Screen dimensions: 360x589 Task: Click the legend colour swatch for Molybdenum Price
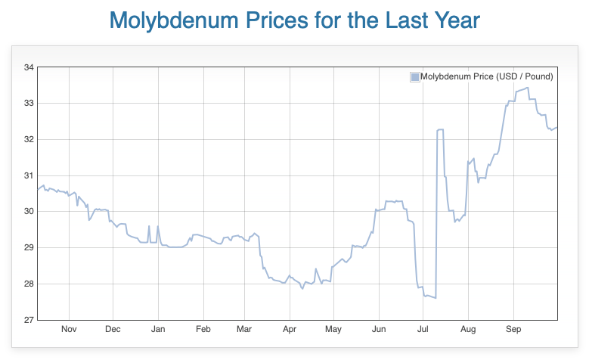point(414,77)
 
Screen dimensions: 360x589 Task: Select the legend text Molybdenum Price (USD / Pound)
point(486,77)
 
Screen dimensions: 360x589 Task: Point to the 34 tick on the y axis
point(29,67)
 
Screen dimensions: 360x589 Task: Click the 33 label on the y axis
point(29,104)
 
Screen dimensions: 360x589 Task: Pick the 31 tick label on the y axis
point(29,175)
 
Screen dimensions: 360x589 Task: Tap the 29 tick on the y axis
point(29,248)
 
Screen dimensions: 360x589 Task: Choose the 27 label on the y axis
point(29,320)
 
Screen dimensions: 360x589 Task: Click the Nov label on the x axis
point(69,330)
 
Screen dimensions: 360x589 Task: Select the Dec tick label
point(113,330)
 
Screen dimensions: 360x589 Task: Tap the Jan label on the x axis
point(159,330)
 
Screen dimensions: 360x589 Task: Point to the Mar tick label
point(244,330)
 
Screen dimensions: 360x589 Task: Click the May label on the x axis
point(333,330)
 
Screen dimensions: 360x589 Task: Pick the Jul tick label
point(423,330)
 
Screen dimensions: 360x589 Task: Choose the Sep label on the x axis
point(513,330)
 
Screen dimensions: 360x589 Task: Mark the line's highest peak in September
point(527,88)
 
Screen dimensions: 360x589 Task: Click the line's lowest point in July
point(436,298)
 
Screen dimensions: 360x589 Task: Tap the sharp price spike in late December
point(149,226)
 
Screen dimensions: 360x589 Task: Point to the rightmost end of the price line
point(557,127)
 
